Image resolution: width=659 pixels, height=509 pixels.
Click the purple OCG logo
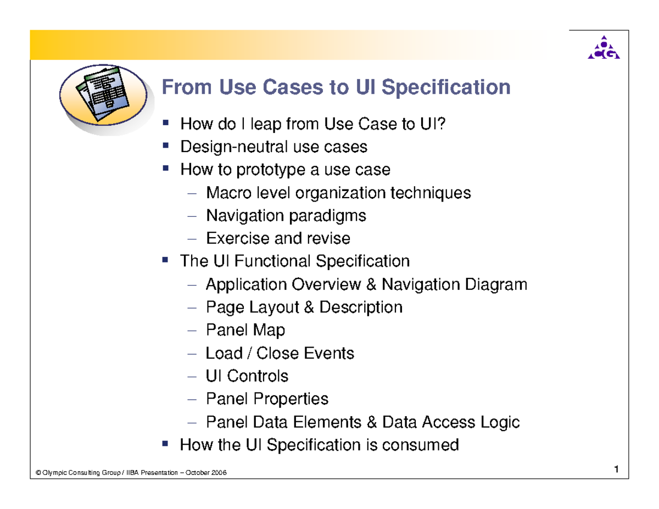coord(604,48)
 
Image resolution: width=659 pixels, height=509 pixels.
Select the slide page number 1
coord(617,469)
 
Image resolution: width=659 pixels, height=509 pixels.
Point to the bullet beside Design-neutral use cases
coord(165,146)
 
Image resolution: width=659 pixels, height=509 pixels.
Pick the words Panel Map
coord(245,330)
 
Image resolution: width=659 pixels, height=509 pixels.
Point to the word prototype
coord(271,170)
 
